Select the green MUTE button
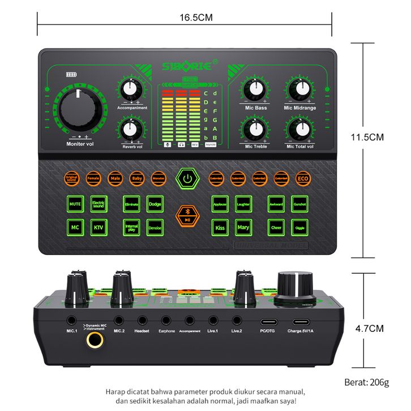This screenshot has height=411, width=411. coord(75,203)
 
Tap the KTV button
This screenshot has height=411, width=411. coord(99,228)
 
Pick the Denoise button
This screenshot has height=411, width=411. coord(155,228)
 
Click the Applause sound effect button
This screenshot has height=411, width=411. coord(220,203)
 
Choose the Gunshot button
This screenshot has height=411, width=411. coord(299,203)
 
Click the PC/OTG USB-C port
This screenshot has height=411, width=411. coord(267,320)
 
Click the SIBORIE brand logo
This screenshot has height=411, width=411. coord(188,67)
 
